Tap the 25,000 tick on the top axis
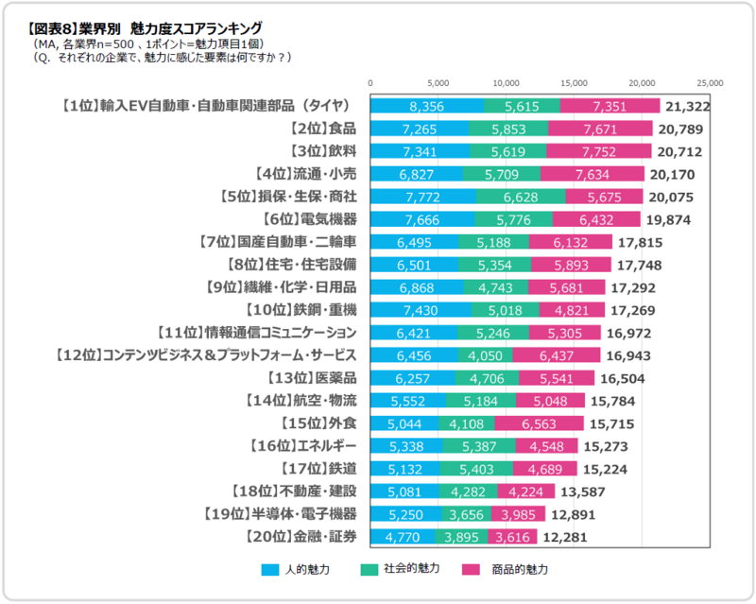point(710,83)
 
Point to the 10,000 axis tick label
point(507,83)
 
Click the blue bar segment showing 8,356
point(427,106)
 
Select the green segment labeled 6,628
point(521,197)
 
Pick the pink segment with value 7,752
point(599,151)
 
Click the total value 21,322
point(687,106)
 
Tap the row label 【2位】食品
point(323,129)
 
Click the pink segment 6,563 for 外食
point(550,423)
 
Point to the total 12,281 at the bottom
point(565,537)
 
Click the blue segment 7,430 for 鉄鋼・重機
point(421,310)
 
